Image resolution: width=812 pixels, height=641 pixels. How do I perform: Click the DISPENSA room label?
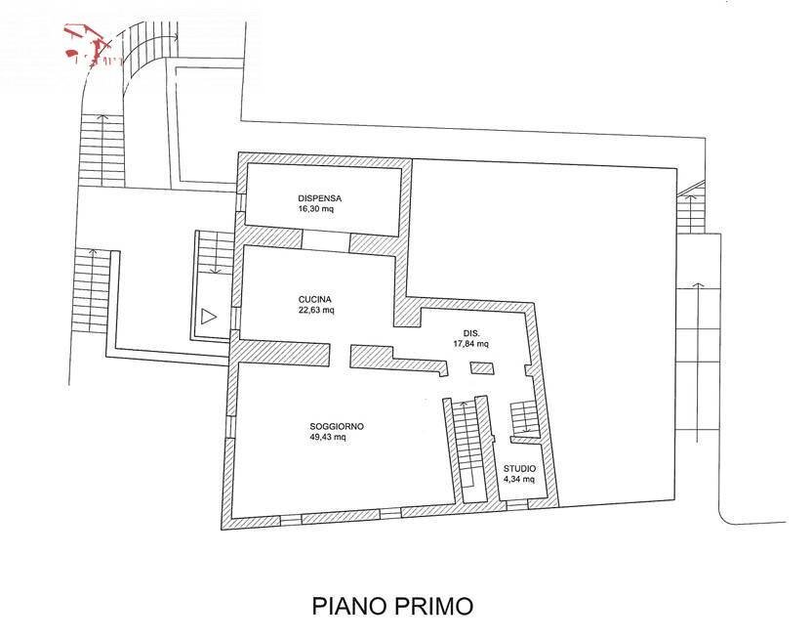[x=320, y=198]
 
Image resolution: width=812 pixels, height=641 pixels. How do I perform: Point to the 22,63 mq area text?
[x=317, y=311]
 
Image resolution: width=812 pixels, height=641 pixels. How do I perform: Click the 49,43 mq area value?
[x=328, y=438]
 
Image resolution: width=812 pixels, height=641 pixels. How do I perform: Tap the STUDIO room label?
[x=518, y=469]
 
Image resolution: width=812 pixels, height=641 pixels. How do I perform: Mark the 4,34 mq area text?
[x=518, y=480]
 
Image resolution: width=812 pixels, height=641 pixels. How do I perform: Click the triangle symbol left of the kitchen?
[x=208, y=316]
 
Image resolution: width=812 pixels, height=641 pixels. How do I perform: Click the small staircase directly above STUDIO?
[x=525, y=418]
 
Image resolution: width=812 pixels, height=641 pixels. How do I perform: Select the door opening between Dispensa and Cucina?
[x=326, y=239]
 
